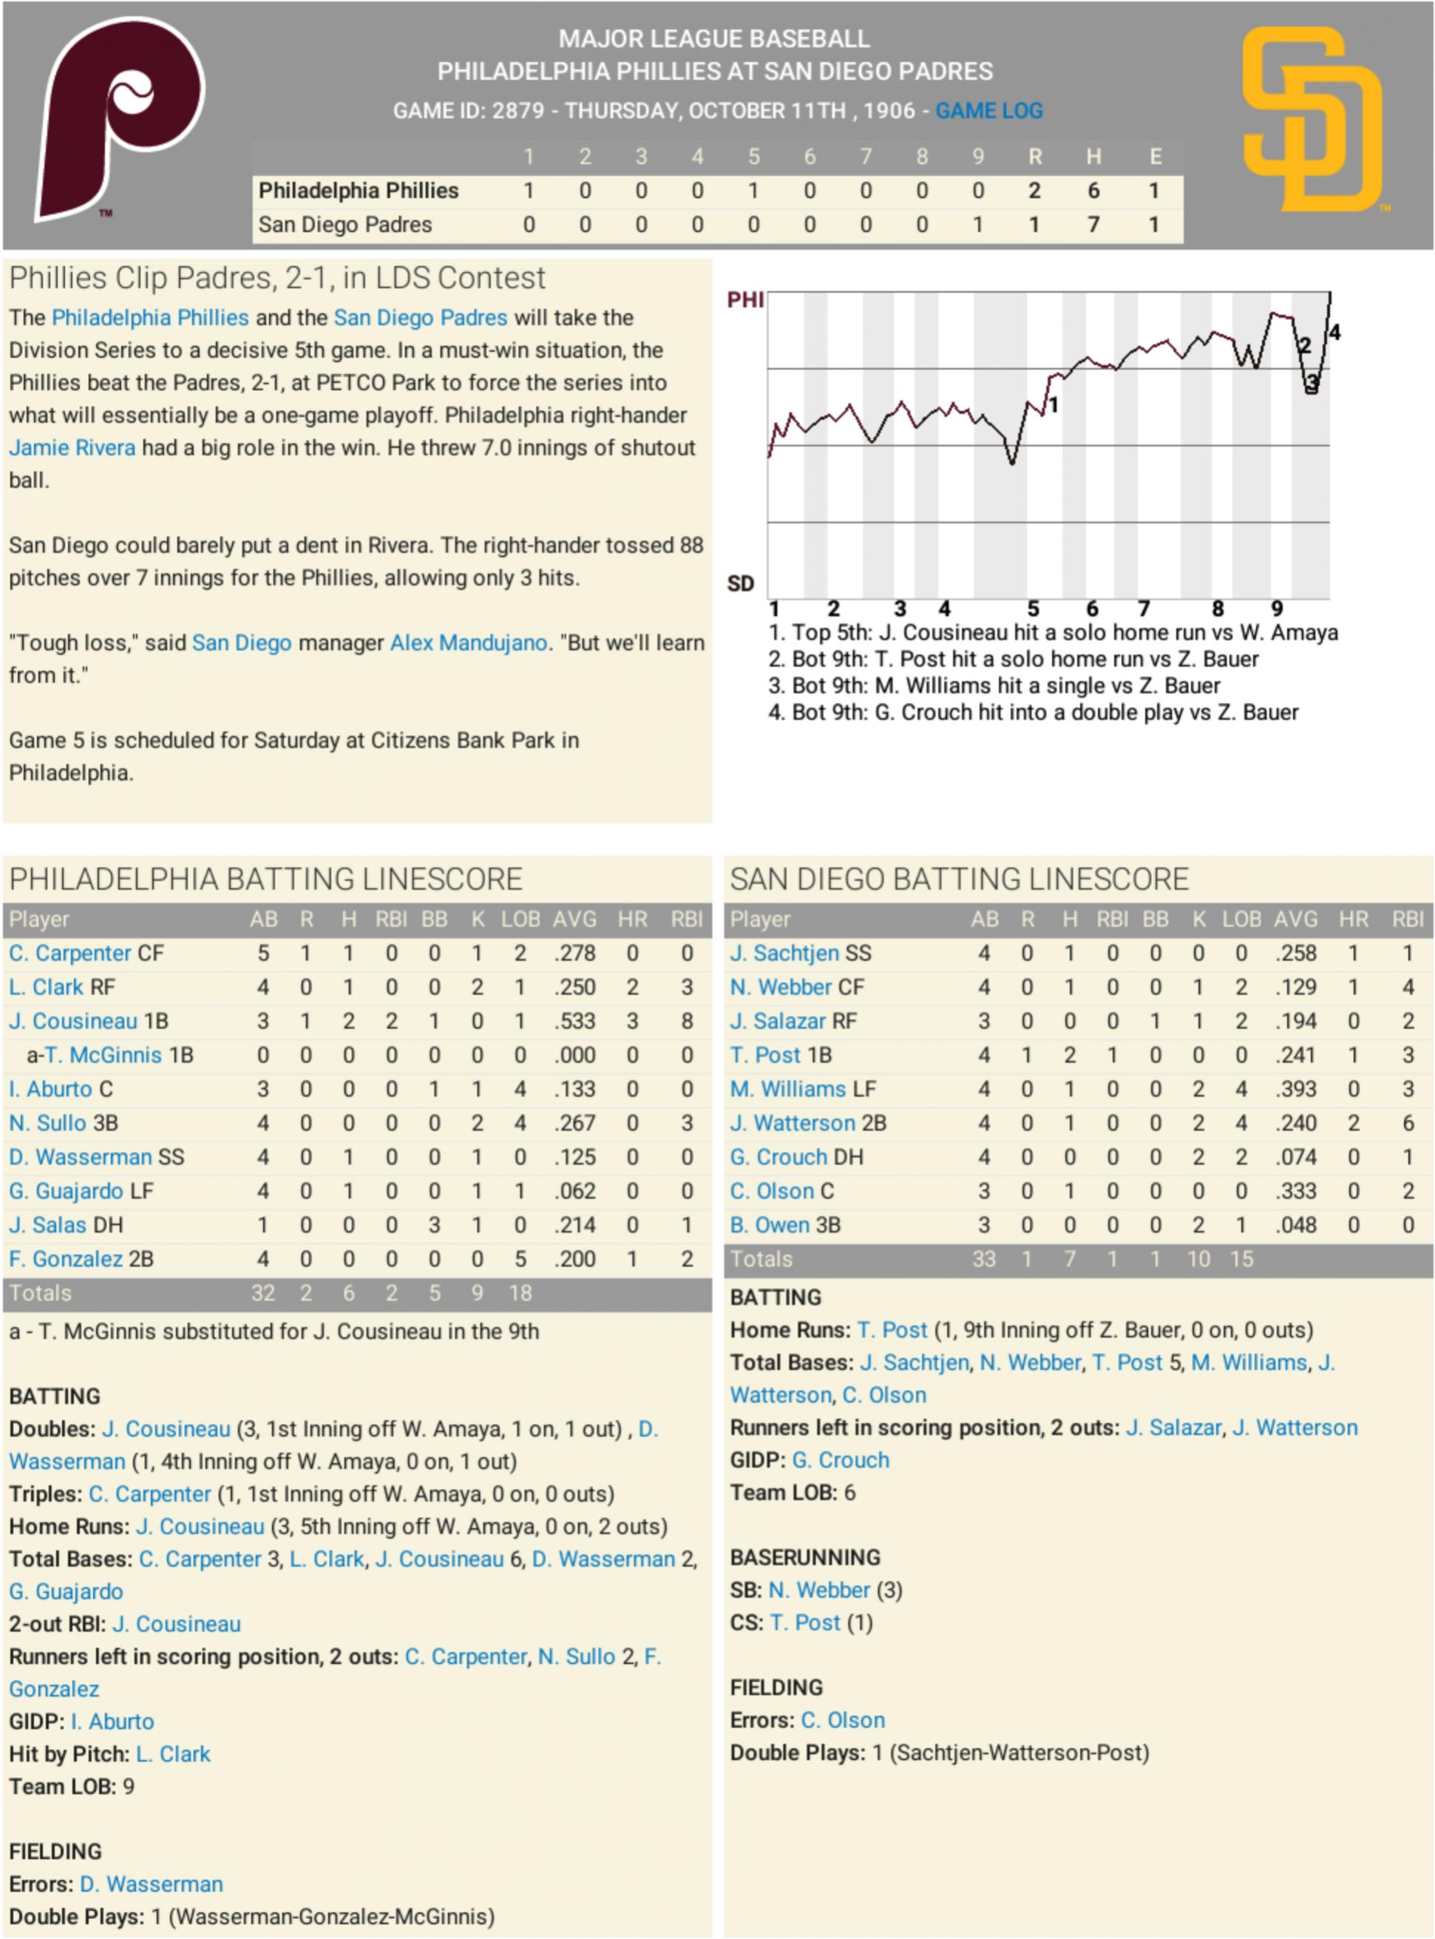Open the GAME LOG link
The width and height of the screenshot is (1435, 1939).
click(x=988, y=111)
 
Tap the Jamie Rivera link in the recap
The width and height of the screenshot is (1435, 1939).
click(x=72, y=448)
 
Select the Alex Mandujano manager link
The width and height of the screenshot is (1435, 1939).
click(x=468, y=642)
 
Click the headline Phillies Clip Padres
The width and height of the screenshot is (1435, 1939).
click(x=277, y=278)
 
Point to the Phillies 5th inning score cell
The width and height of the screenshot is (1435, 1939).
click(x=753, y=191)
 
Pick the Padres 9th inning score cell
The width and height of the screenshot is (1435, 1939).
click(x=978, y=225)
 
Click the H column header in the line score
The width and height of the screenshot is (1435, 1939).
click(x=1093, y=157)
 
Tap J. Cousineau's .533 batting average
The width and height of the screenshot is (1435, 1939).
click(x=574, y=1021)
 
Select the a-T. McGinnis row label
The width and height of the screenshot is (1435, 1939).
click(x=109, y=1055)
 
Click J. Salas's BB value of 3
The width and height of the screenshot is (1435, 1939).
click(x=434, y=1225)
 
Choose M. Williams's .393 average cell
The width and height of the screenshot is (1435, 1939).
click(x=1295, y=1089)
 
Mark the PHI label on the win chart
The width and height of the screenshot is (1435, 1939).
click(x=745, y=300)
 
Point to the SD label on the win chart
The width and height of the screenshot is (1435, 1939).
click(x=740, y=583)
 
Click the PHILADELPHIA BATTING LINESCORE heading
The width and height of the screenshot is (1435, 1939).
click(x=266, y=880)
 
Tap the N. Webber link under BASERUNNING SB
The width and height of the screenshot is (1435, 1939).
click(x=818, y=1590)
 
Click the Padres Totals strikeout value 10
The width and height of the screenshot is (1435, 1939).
click(x=1198, y=1259)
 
